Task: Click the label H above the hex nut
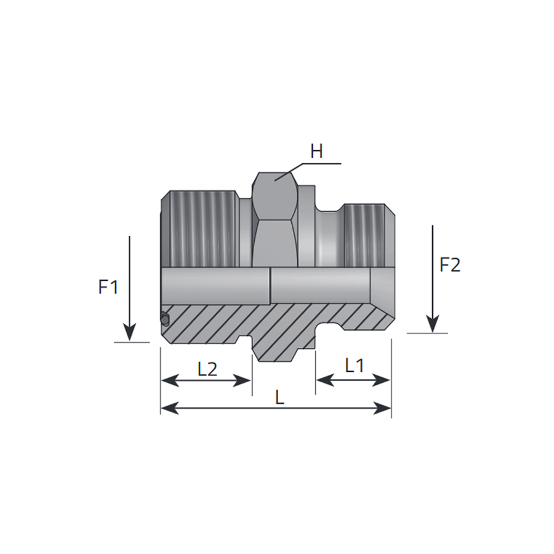point(316,152)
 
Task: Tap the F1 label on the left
point(108,287)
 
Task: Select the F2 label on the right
point(450,265)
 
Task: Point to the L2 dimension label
point(208,369)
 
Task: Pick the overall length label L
point(279,398)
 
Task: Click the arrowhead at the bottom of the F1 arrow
point(130,332)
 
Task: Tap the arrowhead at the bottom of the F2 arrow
point(433,324)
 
